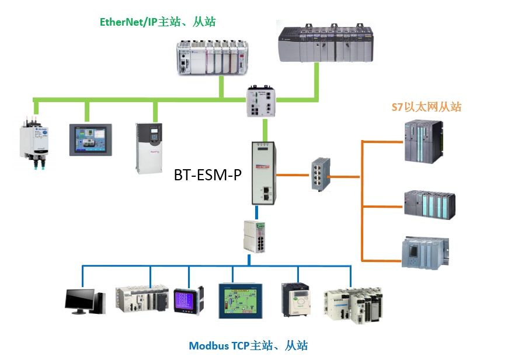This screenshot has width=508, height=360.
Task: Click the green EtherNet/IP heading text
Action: [158, 22]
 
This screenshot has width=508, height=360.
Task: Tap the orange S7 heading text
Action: [426, 107]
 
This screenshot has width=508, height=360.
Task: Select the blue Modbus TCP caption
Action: [248, 346]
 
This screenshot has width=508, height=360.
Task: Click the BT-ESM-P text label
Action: [208, 175]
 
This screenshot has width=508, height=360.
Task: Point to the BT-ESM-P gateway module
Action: [264, 173]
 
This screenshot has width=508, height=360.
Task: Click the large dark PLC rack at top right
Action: [326, 43]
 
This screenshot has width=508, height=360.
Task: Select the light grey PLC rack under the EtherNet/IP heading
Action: [213, 58]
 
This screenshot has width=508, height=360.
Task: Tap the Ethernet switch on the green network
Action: [261, 101]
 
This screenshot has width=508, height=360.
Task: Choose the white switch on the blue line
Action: [255, 237]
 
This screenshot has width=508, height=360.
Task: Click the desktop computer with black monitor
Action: [85, 302]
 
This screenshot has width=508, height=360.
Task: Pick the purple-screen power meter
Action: [189, 301]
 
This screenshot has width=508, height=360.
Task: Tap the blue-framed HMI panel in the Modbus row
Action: [241, 301]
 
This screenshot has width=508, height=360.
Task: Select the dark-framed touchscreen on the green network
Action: [91, 140]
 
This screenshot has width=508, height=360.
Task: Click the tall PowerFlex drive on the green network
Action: [149, 148]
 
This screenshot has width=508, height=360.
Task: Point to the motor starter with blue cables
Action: [34, 142]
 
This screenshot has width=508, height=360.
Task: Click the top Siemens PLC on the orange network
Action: [424, 141]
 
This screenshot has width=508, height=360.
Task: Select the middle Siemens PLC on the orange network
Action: [430, 205]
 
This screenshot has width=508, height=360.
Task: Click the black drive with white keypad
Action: [296, 300]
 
